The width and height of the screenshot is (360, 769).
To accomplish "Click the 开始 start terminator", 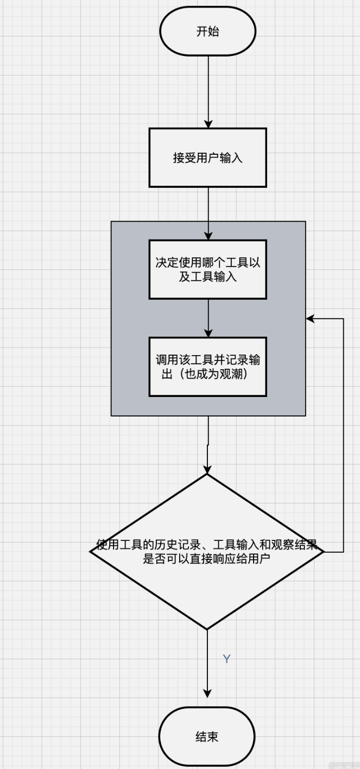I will pyautogui.click(x=207, y=31).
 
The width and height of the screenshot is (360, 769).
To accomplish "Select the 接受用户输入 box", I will pyautogui.click(x=207, y=158).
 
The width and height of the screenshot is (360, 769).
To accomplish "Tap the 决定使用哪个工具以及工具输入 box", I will pyautogui.click(x=207, y=269).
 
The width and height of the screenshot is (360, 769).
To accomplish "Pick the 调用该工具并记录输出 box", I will pyautogui.click(x=207, y=367).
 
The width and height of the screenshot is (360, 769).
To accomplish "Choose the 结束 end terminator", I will pyautogui.click(x=207, y=737).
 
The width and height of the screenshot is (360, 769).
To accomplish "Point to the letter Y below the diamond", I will pyautogui.click(x=227, y=659).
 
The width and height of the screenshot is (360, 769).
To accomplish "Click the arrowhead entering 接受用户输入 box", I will pyautogui.click(x=207, y=124).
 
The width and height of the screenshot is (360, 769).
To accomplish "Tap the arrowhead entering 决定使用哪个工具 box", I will pyautogui.click(x=207, y=236).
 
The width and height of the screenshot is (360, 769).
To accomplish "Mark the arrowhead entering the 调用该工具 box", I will pyautogui.click(x=207, y=333).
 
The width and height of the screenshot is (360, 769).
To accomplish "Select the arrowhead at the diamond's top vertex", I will pyautogui.click(x=207, y=470).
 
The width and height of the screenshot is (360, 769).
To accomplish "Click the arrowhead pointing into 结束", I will pyautogui.click(x=207, y=693).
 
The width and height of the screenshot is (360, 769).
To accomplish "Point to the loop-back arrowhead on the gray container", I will pyautogui.click(x=310, y=319).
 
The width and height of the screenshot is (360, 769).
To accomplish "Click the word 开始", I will pyautogui.click(x=207, y=31).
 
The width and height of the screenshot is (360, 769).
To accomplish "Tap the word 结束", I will pyautogui.click(x=207, y=737).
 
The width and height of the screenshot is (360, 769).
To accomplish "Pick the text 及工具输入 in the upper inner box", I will pyautogui.click(x=207, y=276).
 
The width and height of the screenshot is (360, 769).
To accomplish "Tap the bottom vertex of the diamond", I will pyautogui.click(x=207, y=629).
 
